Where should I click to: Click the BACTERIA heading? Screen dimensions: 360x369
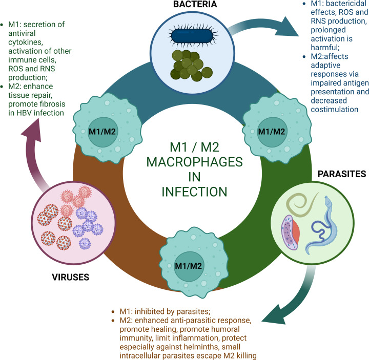coord(184,5)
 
